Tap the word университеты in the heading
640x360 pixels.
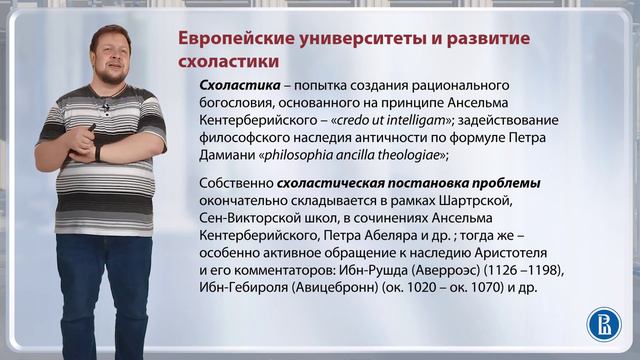click(x=348, y=41)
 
